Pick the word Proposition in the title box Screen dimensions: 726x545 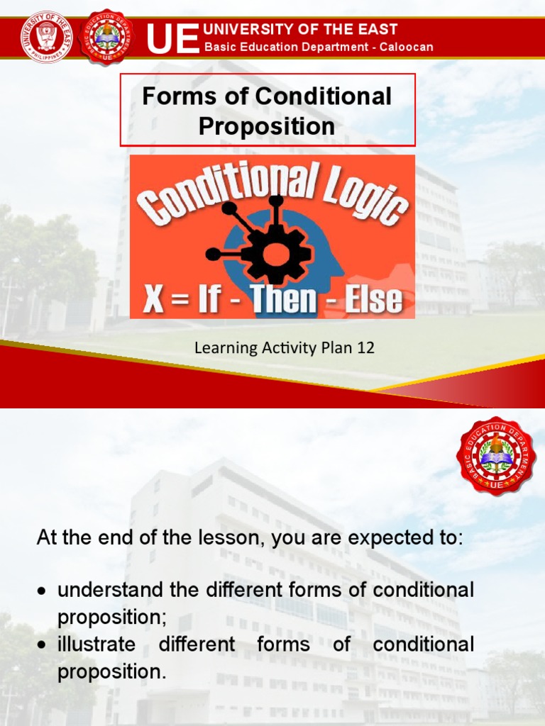click(x=267, y=126)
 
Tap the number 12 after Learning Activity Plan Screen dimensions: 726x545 click(x=365, y=348)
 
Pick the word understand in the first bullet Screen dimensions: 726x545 click(x=99, y=590)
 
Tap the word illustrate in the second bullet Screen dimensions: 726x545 click(x=96, y=644)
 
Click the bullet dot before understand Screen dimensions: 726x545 click(x=44, y=591)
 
